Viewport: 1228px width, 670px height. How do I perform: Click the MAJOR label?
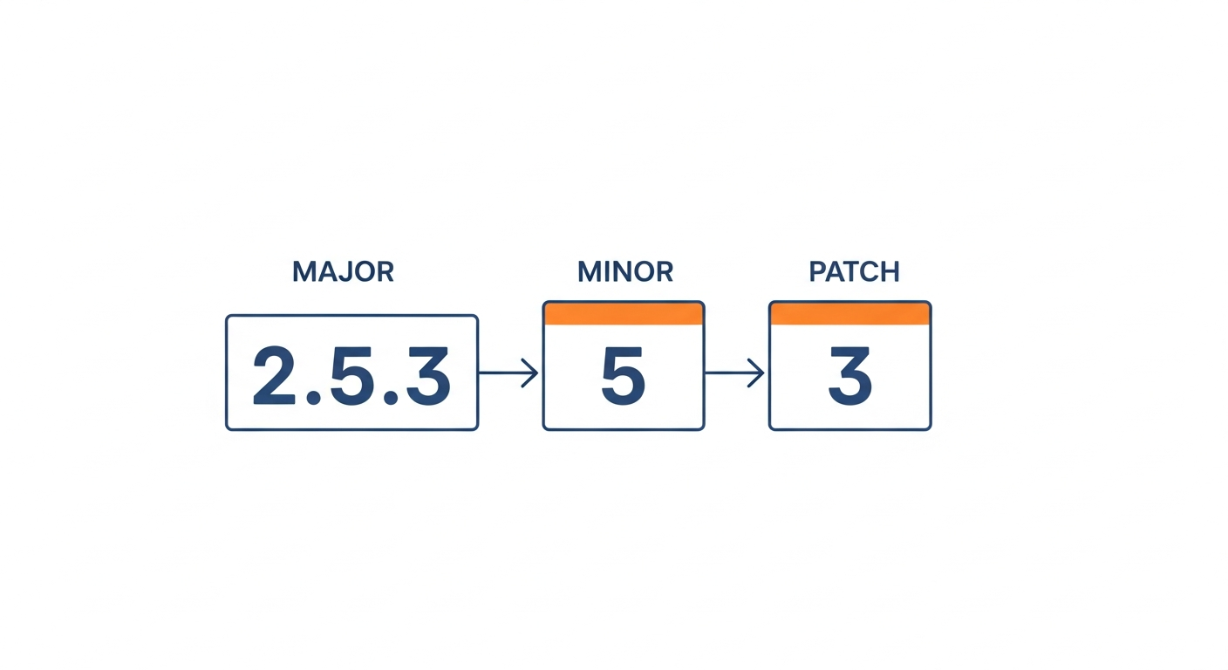343,271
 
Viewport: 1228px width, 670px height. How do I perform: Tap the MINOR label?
625,271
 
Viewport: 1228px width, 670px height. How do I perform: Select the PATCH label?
854,271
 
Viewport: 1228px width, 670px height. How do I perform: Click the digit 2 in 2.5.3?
275,376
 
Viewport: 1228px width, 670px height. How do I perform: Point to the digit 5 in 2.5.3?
352,376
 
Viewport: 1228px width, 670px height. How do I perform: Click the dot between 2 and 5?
314,398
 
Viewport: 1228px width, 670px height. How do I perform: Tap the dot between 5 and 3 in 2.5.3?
391,398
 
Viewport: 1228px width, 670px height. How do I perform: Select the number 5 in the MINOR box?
624,376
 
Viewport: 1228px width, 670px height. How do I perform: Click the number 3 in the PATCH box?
849,376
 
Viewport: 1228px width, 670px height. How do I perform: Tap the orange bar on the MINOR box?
624,313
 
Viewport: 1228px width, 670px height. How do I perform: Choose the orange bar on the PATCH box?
849,313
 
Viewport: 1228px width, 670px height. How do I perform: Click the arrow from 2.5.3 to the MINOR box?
508,373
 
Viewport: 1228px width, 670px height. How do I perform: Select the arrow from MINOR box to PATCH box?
734,373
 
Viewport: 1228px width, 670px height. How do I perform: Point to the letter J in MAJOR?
347,272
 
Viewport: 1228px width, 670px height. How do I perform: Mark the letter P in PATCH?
817,271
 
